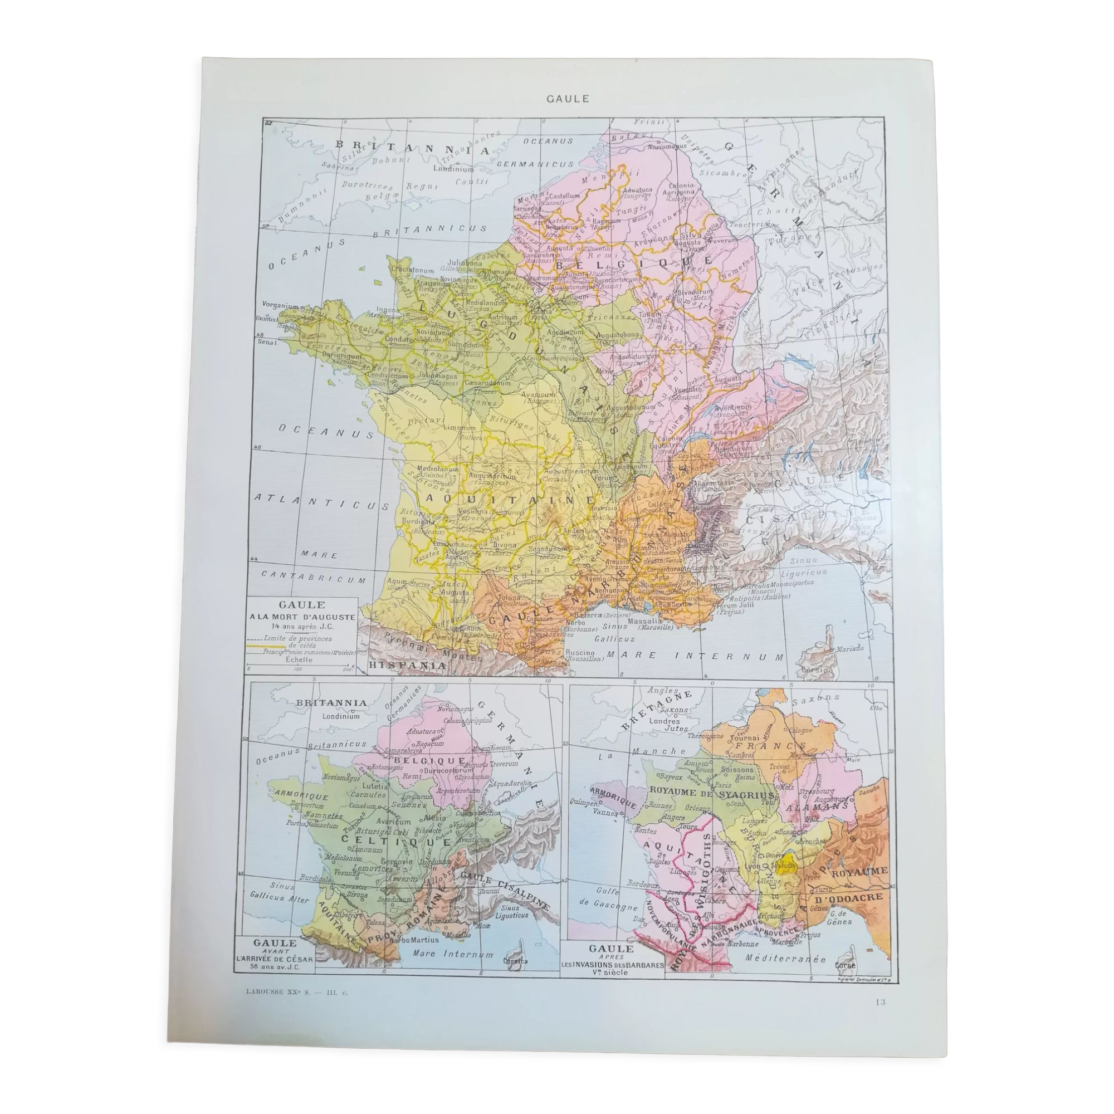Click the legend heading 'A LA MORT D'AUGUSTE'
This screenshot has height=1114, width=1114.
point(302,616)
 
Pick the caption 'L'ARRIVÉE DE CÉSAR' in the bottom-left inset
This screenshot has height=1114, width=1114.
point(275,959)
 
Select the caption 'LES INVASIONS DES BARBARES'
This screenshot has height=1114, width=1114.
point(612,965)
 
